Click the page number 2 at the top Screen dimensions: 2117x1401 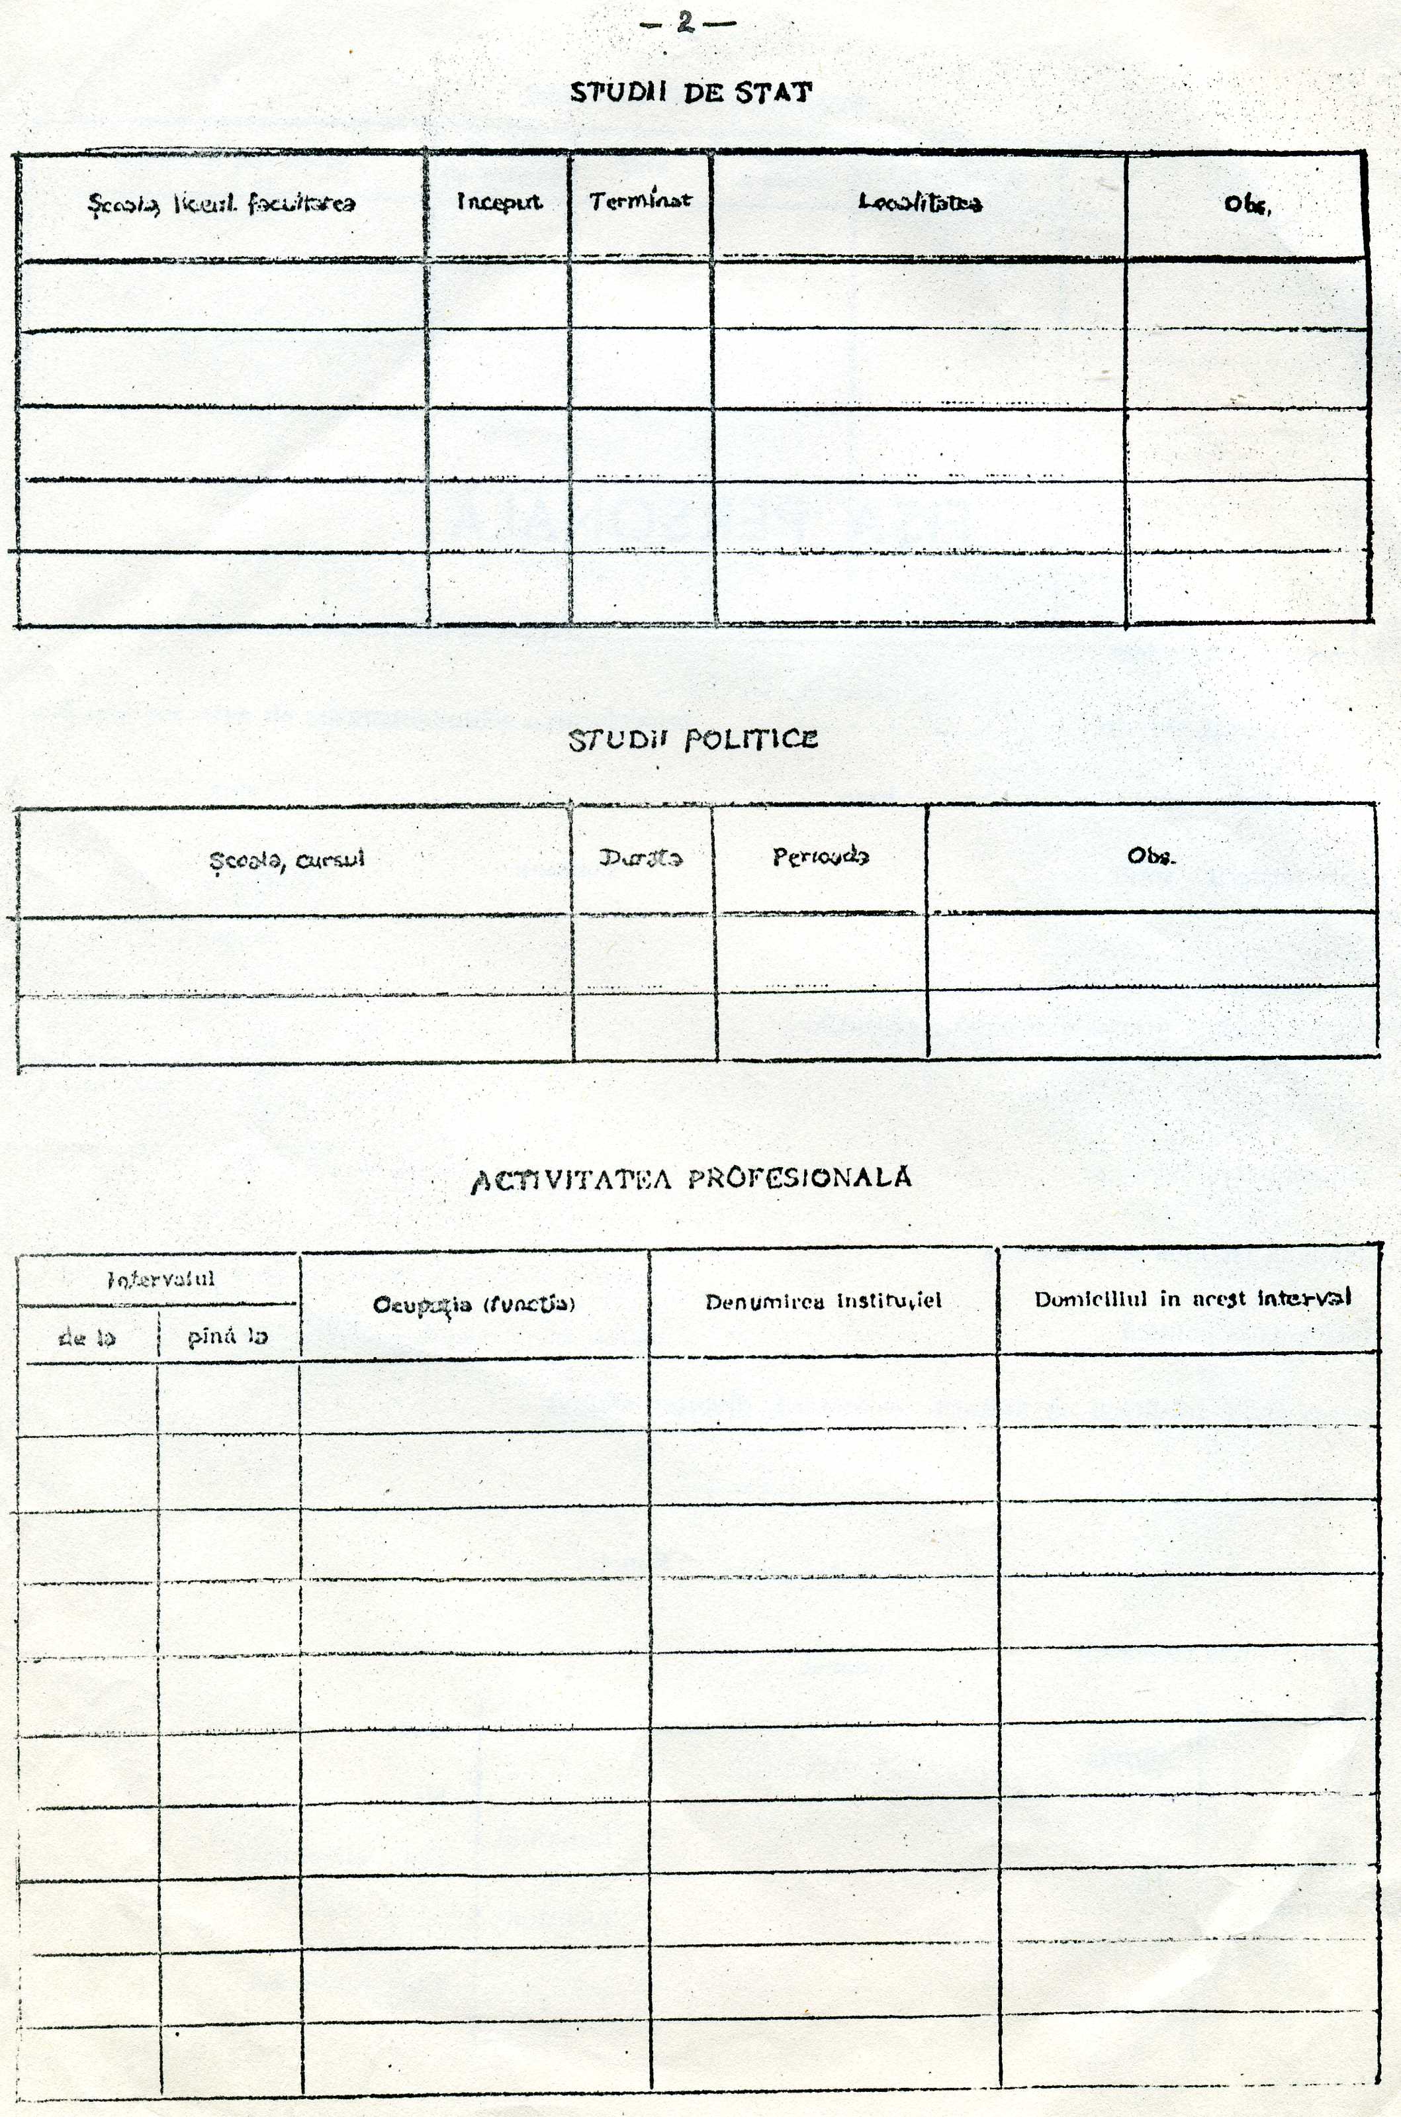pyautogui.click(x=686, y=23)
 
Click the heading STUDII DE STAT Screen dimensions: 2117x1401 pyautogui.click(x=692, y=92)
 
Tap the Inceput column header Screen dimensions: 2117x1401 pyautogui.click(x=498, y=202)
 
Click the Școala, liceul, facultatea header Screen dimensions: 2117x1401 pyautogui.click(x=220, y=204)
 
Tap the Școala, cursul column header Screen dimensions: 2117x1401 pyautogui.click(x=287, y=861)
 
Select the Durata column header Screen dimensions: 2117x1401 pyautogui.click(x=641, y=858)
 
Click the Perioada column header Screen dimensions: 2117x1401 pyautogui.click(x=819, y=857)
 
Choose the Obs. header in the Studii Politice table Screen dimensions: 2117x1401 pyautogui.click(x=1152, y=856)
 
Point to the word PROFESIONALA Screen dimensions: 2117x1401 pyautogui.click(x=799, y=1178)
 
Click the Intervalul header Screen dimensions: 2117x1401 pyautogui.click(x=161, y=1279)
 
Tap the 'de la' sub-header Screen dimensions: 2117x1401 pyautogui.click(x=87, y=1337)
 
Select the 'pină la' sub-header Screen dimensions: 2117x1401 pyautogui.click(x=228, y=1337)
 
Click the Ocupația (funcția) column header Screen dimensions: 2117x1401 pyautogui.click(x=474, y=1305)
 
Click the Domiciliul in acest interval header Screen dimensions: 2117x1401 pyautogui.click(x=1192, y=1298)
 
